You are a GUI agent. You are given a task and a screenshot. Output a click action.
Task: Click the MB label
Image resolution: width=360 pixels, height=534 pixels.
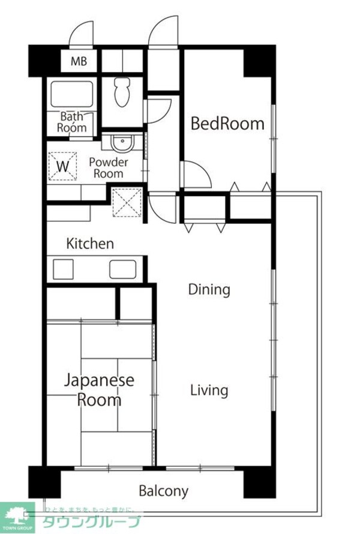79,61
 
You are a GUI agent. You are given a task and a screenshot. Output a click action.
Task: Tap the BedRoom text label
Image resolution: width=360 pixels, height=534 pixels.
227,124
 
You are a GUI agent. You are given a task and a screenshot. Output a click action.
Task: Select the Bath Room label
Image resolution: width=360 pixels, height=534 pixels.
72,122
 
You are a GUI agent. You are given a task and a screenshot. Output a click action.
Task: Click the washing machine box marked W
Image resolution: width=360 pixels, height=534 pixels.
62,164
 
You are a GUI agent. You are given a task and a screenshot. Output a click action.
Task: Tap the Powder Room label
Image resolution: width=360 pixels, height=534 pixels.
109,168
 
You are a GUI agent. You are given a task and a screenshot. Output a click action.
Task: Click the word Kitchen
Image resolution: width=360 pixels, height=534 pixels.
90,244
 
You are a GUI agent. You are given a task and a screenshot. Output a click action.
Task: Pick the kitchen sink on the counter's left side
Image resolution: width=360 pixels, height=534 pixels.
63,269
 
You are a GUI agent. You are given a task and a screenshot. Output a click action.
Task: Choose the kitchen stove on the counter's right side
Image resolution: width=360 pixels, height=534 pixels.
122,269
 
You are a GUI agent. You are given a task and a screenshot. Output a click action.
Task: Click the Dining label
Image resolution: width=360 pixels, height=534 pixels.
209,290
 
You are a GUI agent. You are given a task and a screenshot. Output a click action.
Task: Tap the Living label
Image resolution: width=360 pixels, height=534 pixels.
209,391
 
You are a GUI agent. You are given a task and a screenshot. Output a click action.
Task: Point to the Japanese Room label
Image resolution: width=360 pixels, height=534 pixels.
100,390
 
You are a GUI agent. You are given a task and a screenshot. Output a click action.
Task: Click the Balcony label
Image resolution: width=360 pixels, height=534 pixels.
164,491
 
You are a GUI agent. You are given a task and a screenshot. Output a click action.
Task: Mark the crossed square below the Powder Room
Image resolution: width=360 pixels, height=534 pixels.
126,203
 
